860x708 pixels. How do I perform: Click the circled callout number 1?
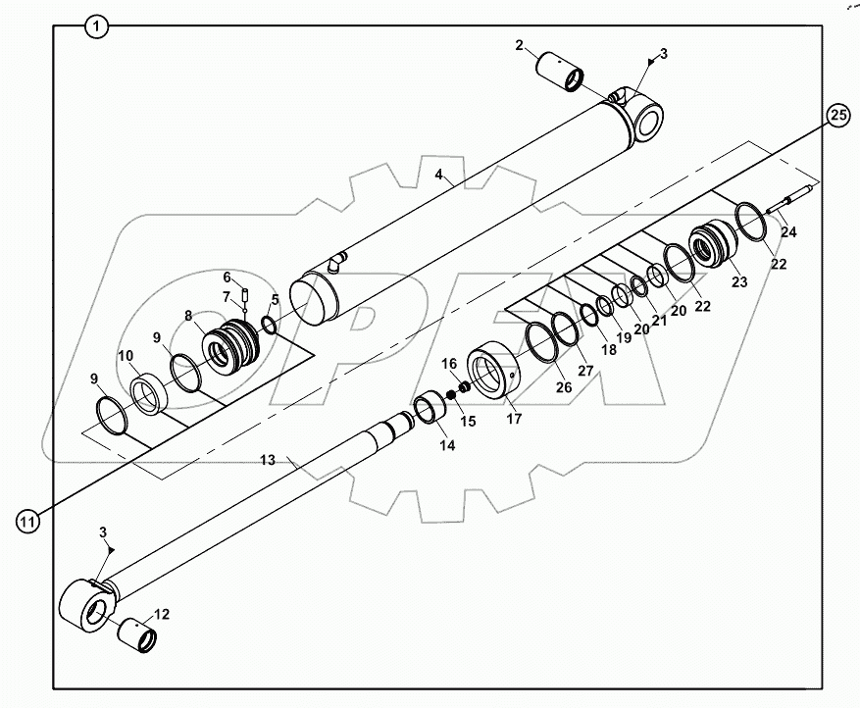95,26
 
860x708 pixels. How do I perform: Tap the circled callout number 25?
836,116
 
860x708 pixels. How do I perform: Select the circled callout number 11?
29,521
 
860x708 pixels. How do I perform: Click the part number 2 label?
520,46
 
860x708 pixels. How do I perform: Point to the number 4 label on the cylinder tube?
441,177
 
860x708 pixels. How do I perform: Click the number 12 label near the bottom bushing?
162,614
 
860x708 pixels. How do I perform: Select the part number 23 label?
737,281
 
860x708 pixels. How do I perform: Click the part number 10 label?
126,355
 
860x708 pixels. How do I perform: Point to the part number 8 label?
189,316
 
